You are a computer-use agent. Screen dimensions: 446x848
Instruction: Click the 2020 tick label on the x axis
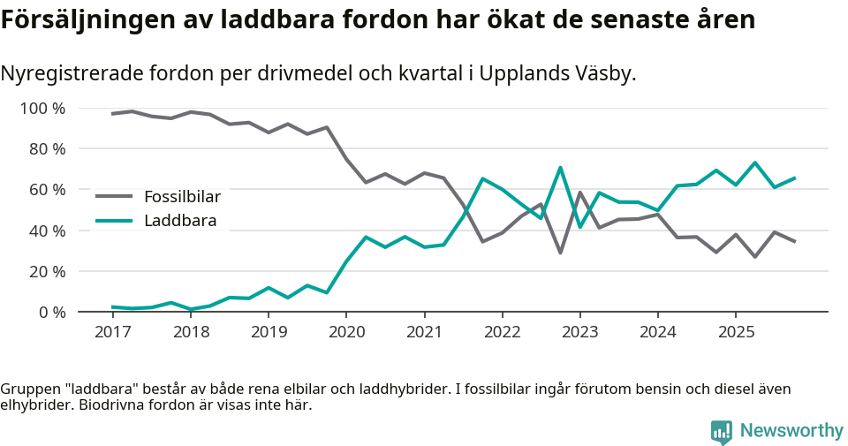coord(345,331)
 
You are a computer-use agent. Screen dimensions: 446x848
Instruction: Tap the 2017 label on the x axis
coord(112,331)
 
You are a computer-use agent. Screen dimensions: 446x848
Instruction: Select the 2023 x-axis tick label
coord(579,331)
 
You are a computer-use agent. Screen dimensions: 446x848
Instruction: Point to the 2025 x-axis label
coord(736,331)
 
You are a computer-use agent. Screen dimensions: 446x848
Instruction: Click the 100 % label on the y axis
coord(42,109)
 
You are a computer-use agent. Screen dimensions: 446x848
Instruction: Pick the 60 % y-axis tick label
coord(46,190)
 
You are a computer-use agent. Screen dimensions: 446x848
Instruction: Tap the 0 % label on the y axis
coord(50,312)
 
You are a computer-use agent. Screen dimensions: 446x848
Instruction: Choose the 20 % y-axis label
coord(46,271)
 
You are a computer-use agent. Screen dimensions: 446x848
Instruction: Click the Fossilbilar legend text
coord(182,196)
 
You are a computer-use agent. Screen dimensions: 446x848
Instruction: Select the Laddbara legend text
coord(179,221)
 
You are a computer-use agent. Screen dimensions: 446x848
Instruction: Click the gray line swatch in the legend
coord(114,196)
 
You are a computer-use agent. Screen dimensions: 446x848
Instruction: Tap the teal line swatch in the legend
coord(114,221)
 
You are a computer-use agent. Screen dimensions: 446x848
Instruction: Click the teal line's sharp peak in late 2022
coord(560,168)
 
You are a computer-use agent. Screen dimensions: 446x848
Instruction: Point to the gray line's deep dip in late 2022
coord(560,253)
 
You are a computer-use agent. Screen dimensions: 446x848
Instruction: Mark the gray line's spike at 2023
coord(579,193)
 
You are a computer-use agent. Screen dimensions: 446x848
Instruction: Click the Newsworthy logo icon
coord(722,431)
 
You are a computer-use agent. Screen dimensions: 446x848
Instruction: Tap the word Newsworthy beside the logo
coord(791,431)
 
